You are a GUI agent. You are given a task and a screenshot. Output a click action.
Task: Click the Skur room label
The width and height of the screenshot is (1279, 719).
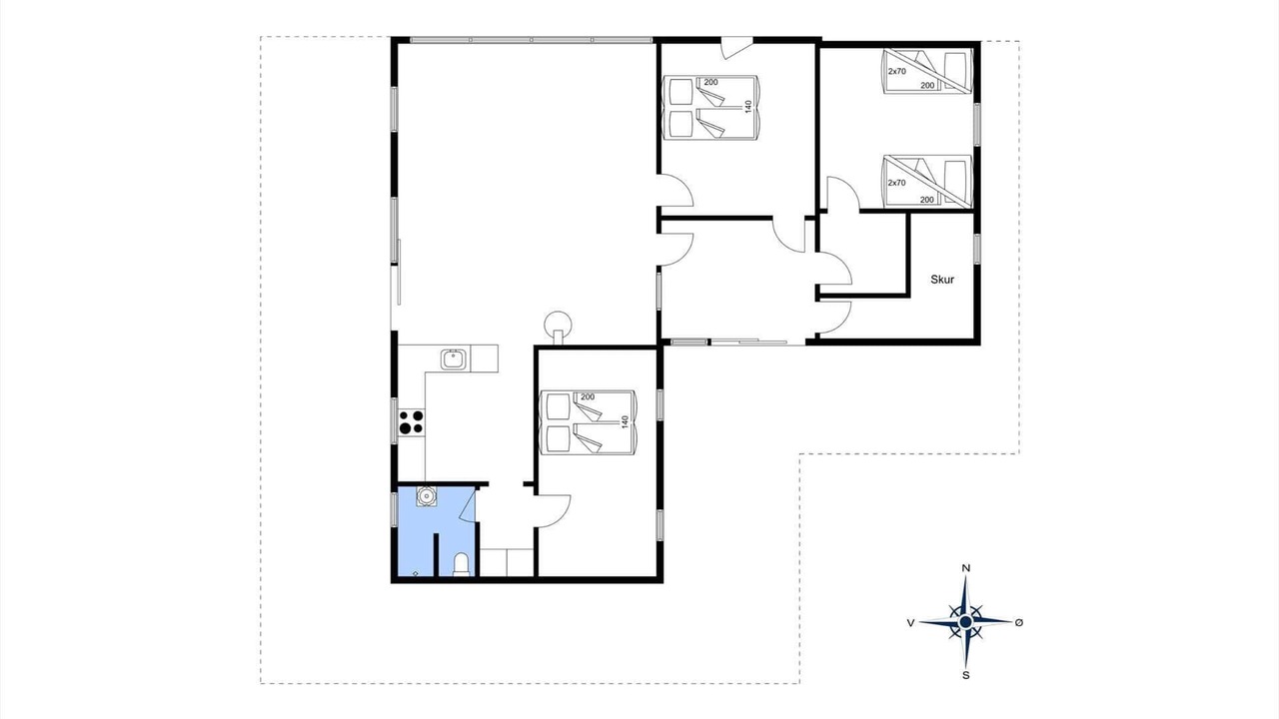tap(942, 280)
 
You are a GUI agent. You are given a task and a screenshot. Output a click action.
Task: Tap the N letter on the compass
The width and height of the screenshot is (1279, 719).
tap(966, 568)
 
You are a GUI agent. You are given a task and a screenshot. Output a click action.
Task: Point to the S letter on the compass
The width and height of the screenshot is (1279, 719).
tap(966, 675)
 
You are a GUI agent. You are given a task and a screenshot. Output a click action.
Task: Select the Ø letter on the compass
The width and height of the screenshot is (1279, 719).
tap(1019, 622)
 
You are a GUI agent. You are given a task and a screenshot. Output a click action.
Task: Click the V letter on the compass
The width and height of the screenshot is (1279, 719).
tap(910, 622)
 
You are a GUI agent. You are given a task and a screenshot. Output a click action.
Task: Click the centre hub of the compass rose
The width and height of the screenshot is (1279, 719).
tap(965, 621)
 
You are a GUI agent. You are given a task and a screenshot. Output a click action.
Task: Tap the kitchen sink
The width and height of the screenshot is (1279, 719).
tap(454, 359)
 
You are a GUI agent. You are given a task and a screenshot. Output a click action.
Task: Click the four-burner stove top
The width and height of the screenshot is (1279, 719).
tap(411, 421)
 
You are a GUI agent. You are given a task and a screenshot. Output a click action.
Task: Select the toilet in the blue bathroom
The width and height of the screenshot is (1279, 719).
tap(461, 564)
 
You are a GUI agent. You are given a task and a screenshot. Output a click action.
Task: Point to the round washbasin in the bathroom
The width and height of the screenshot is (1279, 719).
tap(426, 496)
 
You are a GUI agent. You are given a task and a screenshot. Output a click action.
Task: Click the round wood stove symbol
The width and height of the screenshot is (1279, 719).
tap(558, 325)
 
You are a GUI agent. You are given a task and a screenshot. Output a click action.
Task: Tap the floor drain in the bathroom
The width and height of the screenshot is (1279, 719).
tap(415, 573)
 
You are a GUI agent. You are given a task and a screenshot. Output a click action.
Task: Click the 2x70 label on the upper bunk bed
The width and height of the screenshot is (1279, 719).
tap(897, 71)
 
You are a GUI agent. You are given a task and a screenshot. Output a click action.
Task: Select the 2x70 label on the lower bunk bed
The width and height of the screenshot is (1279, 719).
tap(897, 183)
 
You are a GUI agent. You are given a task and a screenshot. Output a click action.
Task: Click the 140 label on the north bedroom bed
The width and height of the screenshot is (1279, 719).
tap(748, 107)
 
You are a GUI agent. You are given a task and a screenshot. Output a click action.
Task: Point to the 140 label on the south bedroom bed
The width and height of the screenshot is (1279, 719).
tap(625, 422)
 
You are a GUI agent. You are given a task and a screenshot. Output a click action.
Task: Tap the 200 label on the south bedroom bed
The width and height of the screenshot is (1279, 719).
tap(588, 396)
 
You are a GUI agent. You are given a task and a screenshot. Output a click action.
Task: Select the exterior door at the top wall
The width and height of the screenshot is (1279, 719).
tap(737, 47)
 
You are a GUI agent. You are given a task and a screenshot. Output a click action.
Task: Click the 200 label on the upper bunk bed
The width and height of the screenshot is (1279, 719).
tap(928, 86)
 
